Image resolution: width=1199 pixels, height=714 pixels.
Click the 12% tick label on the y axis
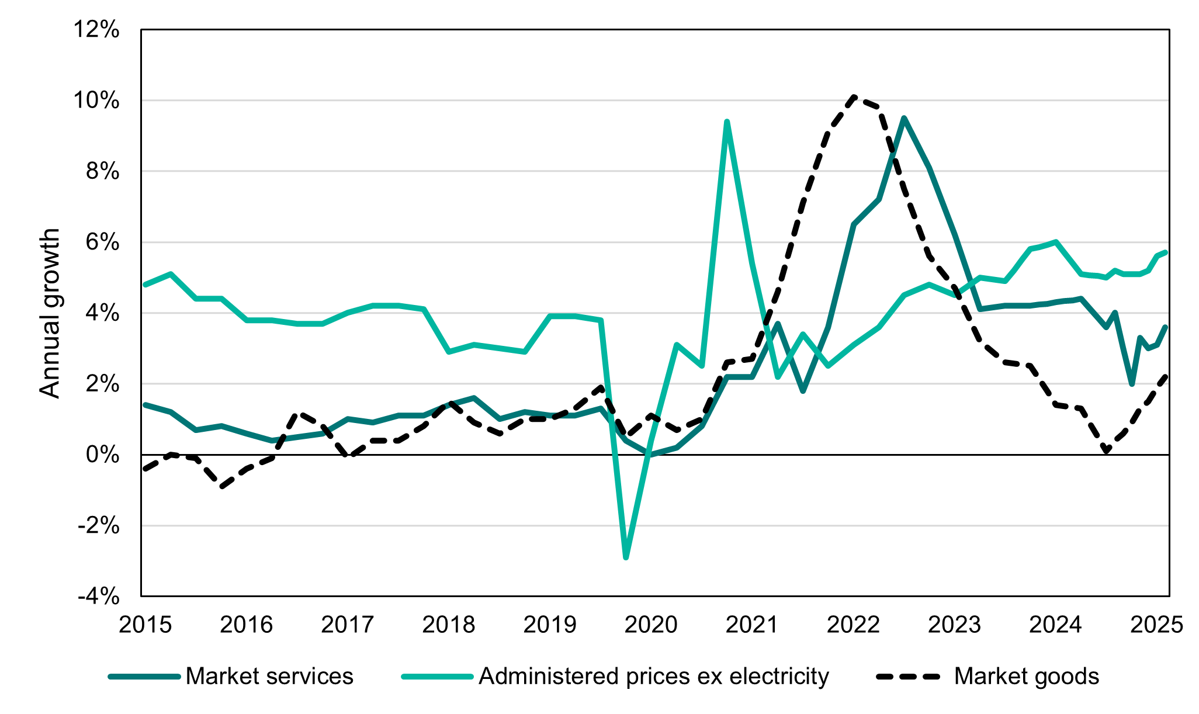coord(96,30)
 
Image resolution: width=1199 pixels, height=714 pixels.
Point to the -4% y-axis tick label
coord(99,597)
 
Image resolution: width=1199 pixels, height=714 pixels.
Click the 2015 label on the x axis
coord(145,625)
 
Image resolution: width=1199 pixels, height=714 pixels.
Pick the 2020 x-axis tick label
coord(651,625)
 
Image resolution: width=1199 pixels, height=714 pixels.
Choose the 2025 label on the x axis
coord(1156,625)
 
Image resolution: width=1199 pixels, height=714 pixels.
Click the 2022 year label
coord(853,625)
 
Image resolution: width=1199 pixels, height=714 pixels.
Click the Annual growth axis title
coord(50,313)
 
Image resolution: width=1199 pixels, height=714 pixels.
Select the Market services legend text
coord(269,677)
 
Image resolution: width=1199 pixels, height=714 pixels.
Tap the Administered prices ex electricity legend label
coord(654,677)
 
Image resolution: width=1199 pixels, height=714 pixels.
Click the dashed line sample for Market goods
coord(909,677)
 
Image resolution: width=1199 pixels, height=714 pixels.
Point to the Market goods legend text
coord(1026,677)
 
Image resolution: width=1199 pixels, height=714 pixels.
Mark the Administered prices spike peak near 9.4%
coord(726,122)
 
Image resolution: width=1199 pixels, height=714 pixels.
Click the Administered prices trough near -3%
coord(626,557)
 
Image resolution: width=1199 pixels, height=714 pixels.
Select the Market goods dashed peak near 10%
coord(854,97)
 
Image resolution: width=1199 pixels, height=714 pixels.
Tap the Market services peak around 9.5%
coord(904,119)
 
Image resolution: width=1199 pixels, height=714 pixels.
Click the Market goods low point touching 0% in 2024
coord(1106,452)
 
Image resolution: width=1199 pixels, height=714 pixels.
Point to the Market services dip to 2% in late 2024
coord(1132,384)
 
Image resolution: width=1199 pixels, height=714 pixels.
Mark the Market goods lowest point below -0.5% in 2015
coord(221,486)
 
